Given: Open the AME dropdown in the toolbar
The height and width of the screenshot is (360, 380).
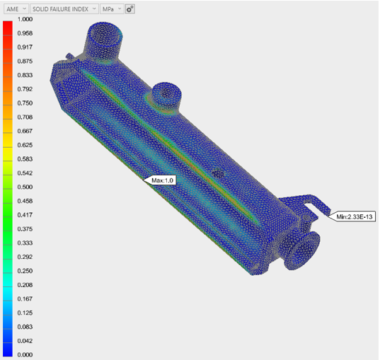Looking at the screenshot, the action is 16,9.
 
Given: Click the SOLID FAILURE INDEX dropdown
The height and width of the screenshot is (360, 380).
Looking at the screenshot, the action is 64,9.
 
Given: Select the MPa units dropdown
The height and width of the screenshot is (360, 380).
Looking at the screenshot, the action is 112,9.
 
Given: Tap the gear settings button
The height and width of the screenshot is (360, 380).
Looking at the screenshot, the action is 130,9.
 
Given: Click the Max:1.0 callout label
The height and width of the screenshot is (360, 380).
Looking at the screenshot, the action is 162,180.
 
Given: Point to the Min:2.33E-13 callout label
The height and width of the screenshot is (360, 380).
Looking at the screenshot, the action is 355,216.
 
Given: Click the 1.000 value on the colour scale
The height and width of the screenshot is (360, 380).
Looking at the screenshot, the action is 25,19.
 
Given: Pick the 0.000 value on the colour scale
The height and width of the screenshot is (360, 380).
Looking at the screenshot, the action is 25,354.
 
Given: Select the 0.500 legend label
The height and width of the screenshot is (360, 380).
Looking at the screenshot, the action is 25,187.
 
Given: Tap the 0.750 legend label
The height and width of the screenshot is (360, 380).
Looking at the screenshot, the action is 25,103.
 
